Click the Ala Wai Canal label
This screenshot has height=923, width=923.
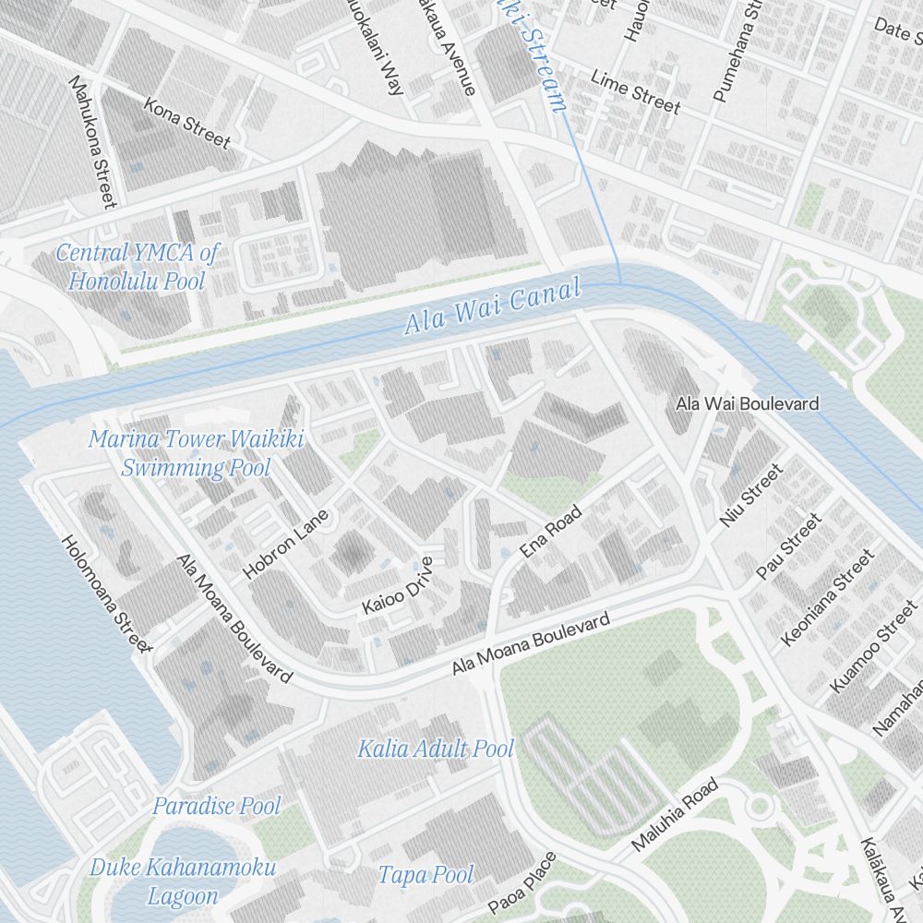(x=492, y=307)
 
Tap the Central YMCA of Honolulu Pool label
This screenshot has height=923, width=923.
(x=137, y=266)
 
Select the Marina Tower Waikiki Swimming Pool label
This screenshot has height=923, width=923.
(x=196, y=452)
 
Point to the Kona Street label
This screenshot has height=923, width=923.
(x=186, y=123)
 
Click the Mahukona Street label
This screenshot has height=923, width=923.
(x=93, y=141)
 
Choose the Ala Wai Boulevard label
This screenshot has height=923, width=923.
(x=747, y=403)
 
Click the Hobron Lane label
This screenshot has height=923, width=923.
(x=286, y=545)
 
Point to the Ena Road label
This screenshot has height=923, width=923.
(x=551, y=532)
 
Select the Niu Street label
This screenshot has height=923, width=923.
(x=751, y=496)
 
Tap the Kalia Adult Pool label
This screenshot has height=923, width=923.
(x=435, y=748)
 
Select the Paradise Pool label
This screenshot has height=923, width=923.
(x=216, y=806)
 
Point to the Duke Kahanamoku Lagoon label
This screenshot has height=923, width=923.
(x=183, y=881)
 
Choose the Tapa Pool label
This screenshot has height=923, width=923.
(x=426, y=874)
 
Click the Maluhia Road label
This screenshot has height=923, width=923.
(x=675, y=815)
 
